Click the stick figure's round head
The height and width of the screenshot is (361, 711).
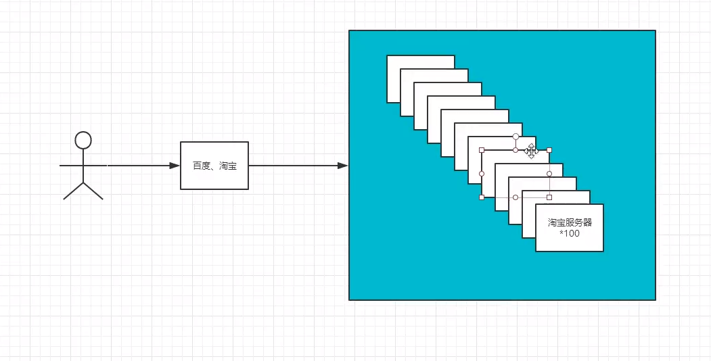point(83,140)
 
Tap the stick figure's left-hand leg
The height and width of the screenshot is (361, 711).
point(73,191)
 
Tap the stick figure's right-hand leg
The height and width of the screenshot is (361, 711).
point(93,191)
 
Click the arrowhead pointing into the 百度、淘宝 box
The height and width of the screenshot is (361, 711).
point(175,165)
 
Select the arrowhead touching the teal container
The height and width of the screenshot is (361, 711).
point(343,165)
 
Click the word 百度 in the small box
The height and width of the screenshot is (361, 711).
point(201,166)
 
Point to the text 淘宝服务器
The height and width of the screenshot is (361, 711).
point(570,222)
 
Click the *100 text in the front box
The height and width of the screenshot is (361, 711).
point(570,234)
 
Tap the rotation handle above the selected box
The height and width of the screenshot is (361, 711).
point(515,137)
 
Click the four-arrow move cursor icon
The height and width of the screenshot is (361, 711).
point(531,151)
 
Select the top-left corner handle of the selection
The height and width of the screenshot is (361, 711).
point(482,150)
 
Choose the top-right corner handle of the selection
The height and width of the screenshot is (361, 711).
point(549,150)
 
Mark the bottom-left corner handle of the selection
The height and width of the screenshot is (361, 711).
point(482,197)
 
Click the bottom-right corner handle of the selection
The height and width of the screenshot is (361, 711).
point(549,197)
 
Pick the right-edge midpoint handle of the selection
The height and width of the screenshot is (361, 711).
point(549,174)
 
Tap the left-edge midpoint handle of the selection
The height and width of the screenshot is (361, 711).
point(482,174)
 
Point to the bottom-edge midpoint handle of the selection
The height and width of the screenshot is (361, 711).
point(515,197)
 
